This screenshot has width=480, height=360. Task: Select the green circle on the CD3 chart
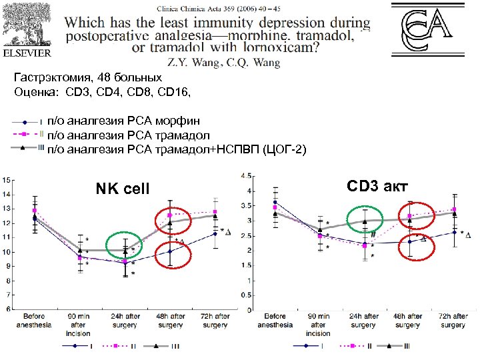click(364, 220)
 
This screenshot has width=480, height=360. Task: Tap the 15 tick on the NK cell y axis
click(6, 180)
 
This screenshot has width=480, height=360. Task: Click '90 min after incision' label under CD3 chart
click(318, 324)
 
